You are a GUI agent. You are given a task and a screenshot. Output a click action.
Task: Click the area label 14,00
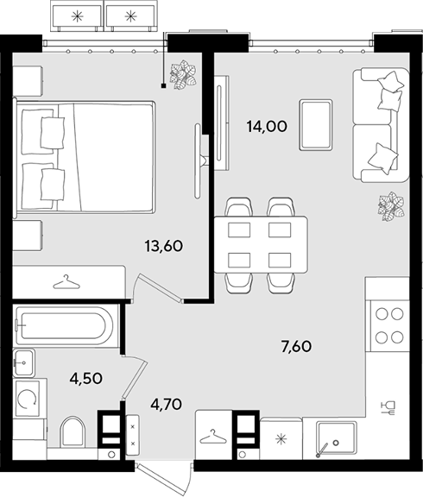pos(267,127)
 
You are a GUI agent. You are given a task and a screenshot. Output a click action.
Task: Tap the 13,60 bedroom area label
pos(164,246)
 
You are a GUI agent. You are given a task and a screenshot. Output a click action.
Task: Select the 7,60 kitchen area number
pos(296,346)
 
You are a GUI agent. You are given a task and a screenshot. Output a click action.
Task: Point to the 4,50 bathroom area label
pos(86,378)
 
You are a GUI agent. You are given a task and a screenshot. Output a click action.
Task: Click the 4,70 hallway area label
pos(166,404)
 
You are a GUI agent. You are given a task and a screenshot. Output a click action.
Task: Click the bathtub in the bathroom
pos(65,326)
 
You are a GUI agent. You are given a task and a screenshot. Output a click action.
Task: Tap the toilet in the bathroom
pos(73,432)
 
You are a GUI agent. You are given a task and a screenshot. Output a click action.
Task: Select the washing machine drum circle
pos(28,399)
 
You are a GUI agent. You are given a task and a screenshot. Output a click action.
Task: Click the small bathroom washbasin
pos(24,363)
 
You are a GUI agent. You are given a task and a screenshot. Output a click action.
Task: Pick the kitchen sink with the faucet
pos(337,438)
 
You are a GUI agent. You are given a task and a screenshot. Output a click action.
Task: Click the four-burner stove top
pos(389,325)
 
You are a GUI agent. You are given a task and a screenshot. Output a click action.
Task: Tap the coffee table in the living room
pos(316,124)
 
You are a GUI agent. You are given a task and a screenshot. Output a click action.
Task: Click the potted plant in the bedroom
pos(183,75)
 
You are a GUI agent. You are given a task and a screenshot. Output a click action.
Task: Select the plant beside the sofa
pos(391,206)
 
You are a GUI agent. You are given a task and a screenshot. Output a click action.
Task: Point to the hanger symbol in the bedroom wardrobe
pos(66,282)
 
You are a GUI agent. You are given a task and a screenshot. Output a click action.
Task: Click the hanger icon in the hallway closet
pos(213,437)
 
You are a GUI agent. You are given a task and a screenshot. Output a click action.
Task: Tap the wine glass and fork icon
pos(388,408)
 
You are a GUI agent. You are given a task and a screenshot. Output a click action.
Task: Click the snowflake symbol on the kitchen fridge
pos(281,439)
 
